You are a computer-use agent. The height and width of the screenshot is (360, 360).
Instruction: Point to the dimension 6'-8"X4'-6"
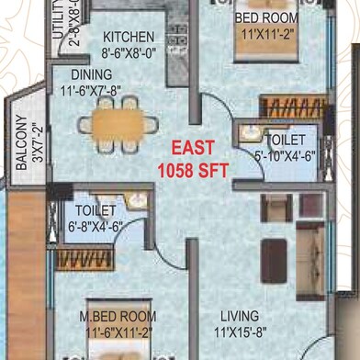(x=95, y=228)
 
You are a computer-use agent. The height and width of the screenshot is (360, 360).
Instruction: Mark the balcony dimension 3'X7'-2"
(x=37, y=142)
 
